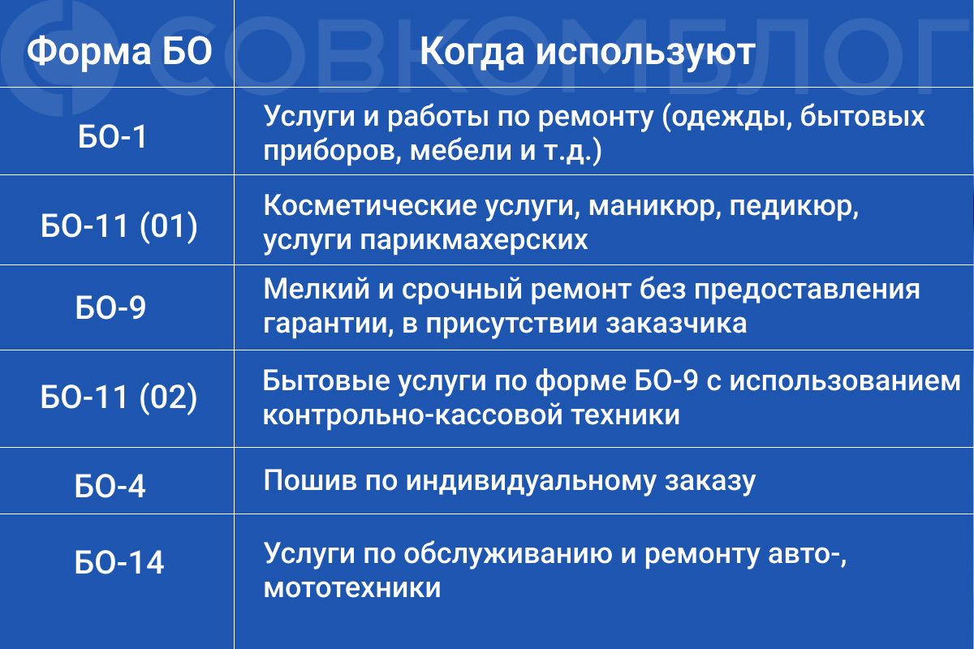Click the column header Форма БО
coord(119,53)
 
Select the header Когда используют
coord(588,53)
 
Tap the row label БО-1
coord(113,137)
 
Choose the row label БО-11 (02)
coord(119,398)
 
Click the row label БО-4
coord(111,486)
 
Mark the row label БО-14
coord(119,562)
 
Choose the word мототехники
coord(352,587)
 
